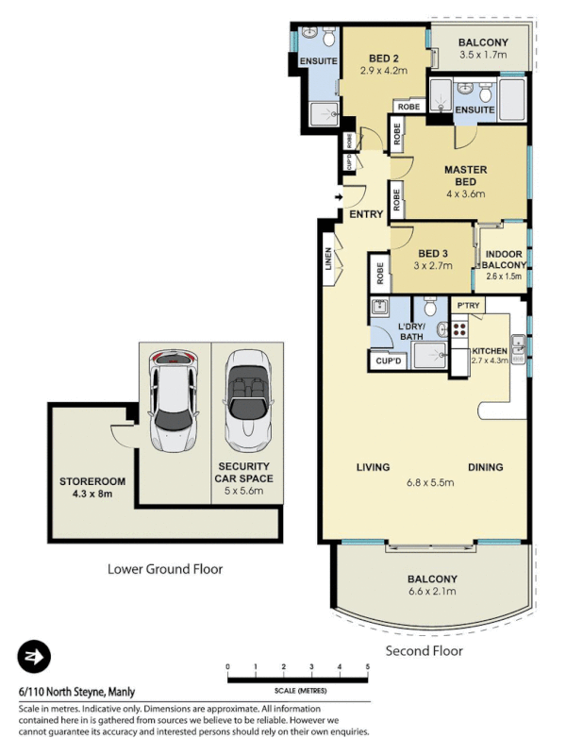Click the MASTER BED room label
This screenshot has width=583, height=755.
(x=465, y=171)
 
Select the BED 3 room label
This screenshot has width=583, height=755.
(x=433, y=253)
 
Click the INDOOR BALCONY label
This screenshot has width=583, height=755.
(x=505, y=260)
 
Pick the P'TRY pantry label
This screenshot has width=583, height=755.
(x=468, y=306)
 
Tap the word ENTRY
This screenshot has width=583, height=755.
(x=366, y=214)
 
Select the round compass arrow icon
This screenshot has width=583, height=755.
(x=34, y=657)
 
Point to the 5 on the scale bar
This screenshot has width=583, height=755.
(x=367, y=667)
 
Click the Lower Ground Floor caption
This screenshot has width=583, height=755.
(x=165, y=569)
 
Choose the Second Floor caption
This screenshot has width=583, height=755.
(x=425, y=651)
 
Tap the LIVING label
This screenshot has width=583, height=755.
(x=374, y=467)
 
